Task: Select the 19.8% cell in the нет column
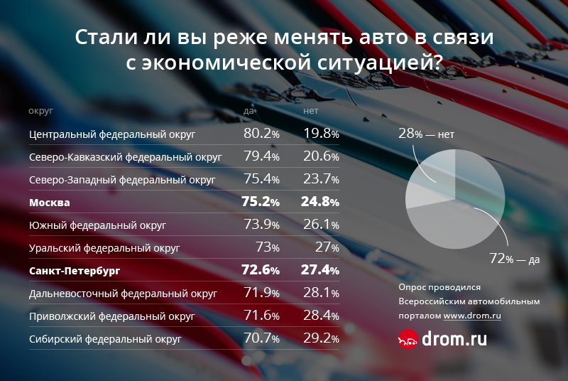pyautogui.click(x=321, y=133)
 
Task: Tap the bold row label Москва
pyautogui.click(x=49, y=203)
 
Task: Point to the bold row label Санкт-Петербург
pyautogui.click(x=75, y=271)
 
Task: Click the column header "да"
pyautogui.click(x=248, y=112)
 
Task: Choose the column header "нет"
pyautogui.click(x=311, y=112)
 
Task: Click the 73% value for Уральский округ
pyautogui.click(x=267, y=248)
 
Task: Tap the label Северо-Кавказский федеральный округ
pyautogui.click(x=126, y=156)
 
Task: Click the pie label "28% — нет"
pyautogui.click(x=425, y=133)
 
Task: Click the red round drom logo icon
pyautogui.click(x=408, y=340)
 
